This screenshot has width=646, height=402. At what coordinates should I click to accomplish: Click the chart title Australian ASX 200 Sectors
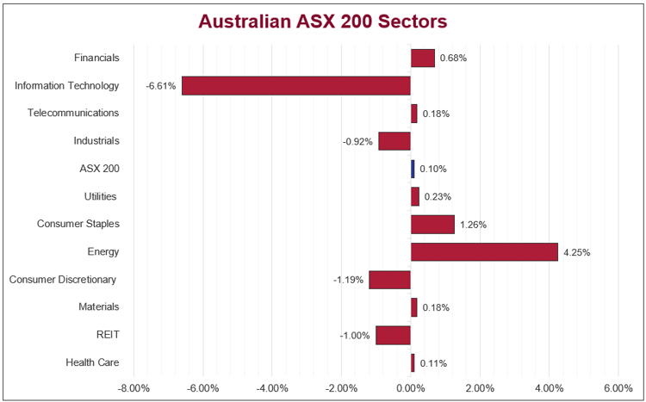point(323,20)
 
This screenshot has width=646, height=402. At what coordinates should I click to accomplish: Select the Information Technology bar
point(295,86)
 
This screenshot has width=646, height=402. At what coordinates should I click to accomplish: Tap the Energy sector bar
point(484,252)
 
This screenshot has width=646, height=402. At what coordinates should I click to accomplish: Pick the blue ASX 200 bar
point(413,169)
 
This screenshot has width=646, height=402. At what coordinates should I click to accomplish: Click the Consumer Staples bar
point(432,225)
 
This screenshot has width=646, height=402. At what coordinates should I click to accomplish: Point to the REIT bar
point(393,335)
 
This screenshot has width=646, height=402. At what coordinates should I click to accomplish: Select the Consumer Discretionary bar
point(389,280)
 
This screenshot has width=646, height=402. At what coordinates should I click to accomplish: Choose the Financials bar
point(422,59)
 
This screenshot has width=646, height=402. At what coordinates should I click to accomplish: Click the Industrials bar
point(394,141)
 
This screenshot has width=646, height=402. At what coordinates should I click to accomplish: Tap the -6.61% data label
point(161,86)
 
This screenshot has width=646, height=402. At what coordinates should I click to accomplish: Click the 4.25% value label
point(577,252)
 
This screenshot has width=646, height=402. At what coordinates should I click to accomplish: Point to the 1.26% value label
point(473,225)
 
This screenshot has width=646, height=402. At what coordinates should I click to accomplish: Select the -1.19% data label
point(349,280)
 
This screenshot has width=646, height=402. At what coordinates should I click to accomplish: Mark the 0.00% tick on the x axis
point(411,387)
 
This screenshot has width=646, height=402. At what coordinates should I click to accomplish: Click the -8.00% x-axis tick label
point(134,387)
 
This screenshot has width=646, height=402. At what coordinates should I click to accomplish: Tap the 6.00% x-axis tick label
point(618,387)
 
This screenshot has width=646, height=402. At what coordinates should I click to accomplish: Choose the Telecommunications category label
point(73,113)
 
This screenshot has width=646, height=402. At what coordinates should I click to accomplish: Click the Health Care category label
point(92,362)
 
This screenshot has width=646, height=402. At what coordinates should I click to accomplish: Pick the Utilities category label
point(101,196)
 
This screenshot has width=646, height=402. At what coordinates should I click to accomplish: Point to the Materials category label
point(98,306)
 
